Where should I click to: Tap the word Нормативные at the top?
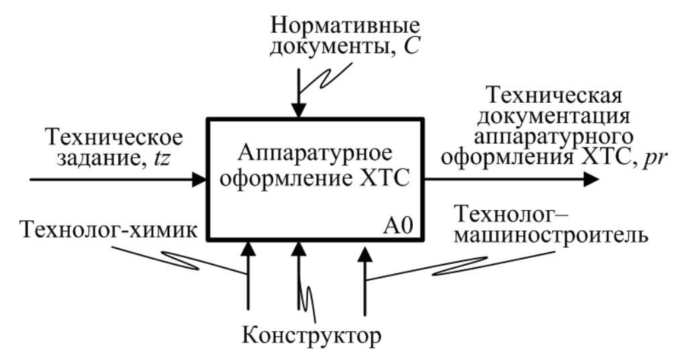coord(344,26)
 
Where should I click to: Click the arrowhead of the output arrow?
coord(591,179)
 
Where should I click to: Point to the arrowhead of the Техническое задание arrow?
coord(200,179)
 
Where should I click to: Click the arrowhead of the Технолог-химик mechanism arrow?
coord(248,248)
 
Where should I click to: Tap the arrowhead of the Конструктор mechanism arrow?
coord(299,248)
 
